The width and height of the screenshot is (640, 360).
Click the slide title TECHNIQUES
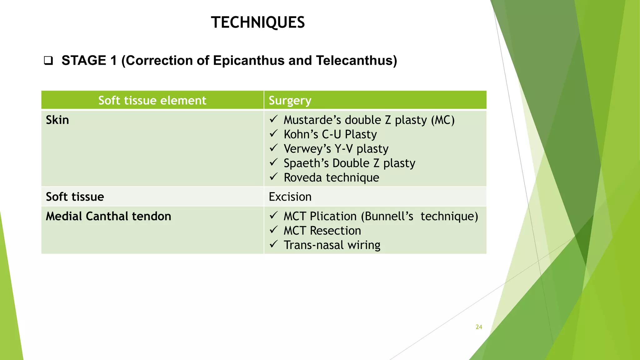click(258, 22)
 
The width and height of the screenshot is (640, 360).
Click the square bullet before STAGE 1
click(48, 60)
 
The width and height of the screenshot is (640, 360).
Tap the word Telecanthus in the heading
click(356, 60)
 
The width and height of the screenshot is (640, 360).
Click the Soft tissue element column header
click(152, 100)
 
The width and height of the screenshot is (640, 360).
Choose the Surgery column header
click(290, 100)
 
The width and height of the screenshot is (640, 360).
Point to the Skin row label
click(57, 120)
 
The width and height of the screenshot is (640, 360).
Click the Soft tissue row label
click(75, 197)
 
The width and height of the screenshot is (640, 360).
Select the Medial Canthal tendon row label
click(108, 216)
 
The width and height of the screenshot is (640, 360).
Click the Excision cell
click(290, 197)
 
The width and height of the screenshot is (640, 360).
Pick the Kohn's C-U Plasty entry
click(330, 134)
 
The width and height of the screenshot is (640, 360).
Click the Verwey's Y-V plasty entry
click(336, 149)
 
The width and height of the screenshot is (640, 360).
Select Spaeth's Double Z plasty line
click(349, 163)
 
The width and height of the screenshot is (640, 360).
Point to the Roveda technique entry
click(331, 177)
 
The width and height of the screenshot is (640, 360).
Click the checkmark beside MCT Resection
click(273, 230)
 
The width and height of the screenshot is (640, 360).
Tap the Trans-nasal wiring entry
click(332, 245)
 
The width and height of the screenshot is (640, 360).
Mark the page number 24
click(479, 327)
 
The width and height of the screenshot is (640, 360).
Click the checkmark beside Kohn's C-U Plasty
click(273, 134)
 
